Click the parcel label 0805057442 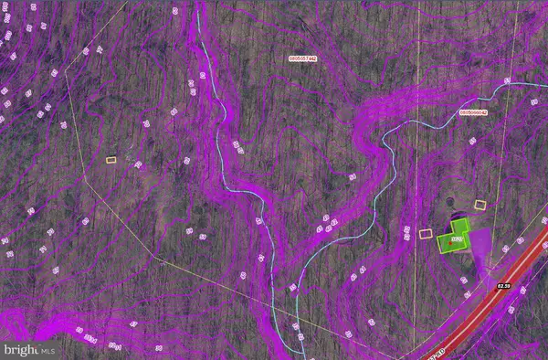(301, 58)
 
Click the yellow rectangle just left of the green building (425, 233)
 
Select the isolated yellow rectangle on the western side (111, 160)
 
